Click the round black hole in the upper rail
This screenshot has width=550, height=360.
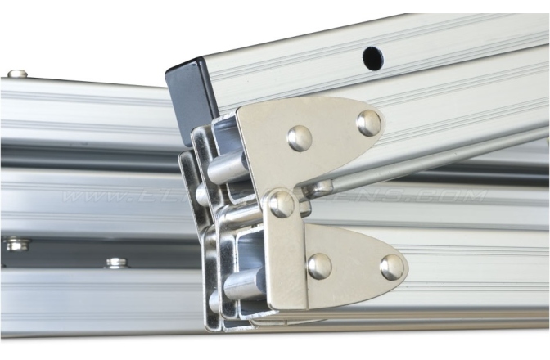(372, 57)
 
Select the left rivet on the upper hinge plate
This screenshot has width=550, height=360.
(300, 137)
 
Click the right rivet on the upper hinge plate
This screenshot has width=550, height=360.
(369, 123)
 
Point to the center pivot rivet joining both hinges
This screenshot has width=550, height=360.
(282, 204)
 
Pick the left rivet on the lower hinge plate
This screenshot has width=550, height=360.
(319, 265)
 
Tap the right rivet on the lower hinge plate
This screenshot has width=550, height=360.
(392, 267)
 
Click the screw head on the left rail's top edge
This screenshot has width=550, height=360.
(18, 74)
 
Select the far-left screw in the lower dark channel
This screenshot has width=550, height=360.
(16, 244)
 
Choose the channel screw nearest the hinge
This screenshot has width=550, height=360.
(116, 263)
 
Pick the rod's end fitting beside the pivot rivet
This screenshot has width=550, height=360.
(315, 190)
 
